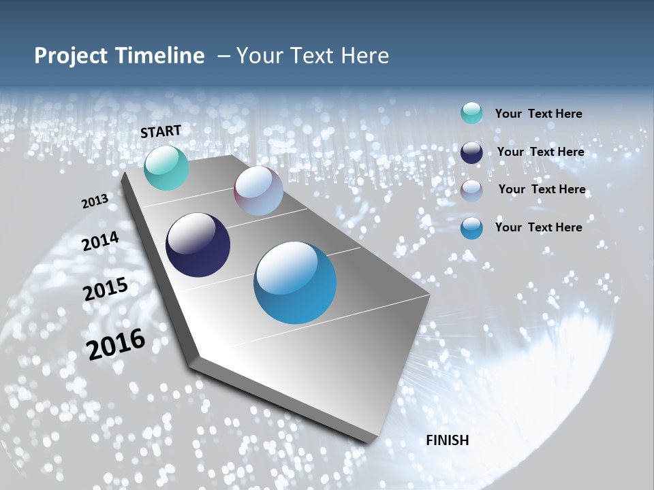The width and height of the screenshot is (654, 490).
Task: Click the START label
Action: [161, 131]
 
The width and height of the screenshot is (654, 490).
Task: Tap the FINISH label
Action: [448, 440]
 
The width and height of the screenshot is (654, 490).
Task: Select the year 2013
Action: [95, 201]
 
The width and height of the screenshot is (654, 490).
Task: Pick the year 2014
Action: [101, 242]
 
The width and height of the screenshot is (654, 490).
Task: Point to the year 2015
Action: [106, 289]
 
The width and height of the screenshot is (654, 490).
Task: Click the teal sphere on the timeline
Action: [166, 167]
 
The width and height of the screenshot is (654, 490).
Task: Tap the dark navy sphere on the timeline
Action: [198, 245]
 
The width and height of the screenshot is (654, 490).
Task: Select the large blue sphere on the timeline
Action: [295, 282]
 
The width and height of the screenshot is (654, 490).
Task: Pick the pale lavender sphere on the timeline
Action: [258, 191]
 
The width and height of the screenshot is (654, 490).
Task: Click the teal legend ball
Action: [471, 114]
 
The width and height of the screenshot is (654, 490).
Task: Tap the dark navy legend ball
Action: [471, 152]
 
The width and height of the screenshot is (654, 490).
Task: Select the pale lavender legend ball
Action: [471, 190]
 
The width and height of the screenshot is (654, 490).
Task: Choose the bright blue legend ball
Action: [471, 228]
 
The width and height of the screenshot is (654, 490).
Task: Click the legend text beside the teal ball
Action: [538, 114]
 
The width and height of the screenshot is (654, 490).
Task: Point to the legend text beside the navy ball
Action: [540, 152]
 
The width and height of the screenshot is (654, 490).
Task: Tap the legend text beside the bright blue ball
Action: [538, 227]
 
